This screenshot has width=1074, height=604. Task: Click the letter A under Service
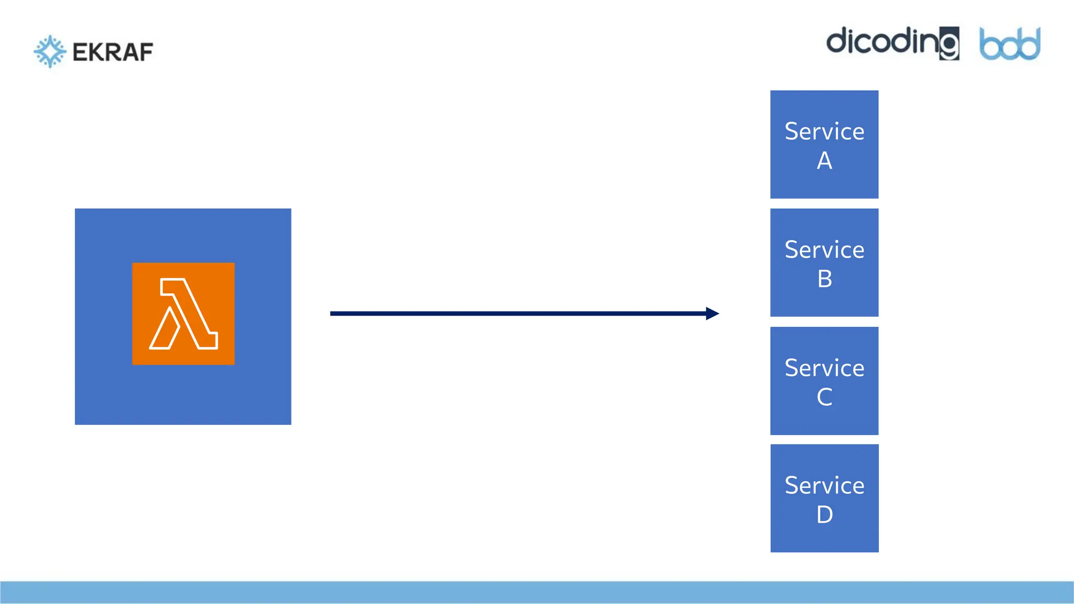pyautogui.click(x=824, y=160)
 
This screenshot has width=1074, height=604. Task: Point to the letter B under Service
pyautogui.click(x=824, y=279)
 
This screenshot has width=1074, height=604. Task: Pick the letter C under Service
pyautogui.click(x=824, y=397)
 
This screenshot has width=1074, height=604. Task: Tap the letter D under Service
pyautogui.click(x=824, y=515)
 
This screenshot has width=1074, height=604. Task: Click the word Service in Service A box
pyautogui.click(x=824, y=131)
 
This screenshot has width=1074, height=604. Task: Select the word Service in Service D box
pyautogui.click(x=824, y=486)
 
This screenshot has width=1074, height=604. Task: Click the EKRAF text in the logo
pyautogui.click(x=113, y=52)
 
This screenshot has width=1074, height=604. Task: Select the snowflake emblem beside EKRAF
pyautogui.click(x=50, y=51)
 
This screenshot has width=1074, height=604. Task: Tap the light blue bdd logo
pyautogui.click(x=1009, y=45)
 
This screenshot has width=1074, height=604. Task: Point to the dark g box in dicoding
pyautogui.click(x=949, y=44)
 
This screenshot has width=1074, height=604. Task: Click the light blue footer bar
pyautogui.click(x=537, y=592)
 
